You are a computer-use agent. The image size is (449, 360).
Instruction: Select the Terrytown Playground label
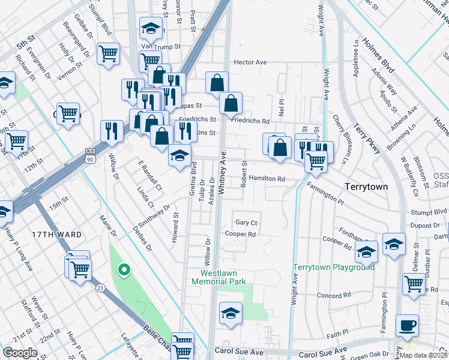click(x=333, y=267)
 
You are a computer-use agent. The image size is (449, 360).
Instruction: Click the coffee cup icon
click(x=408, y=326)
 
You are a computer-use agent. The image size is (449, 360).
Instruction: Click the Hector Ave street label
click(x=250, y=62)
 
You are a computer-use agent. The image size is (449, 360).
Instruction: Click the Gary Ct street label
click(x=246, y=222)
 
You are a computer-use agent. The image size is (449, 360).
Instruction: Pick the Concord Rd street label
click(x=333, y=296)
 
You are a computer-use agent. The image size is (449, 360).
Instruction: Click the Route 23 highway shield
click(x=99, y=288)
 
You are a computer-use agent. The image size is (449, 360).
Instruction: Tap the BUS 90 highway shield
click(x=90, y=155)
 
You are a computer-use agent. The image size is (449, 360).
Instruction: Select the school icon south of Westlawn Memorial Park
click(x=230, y=313)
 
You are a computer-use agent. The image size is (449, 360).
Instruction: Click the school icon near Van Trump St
click(x=151, y=28)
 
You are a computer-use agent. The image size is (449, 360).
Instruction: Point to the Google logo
click(x=20, y=352)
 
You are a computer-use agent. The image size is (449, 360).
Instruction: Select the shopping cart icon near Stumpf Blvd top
click(x=108, y=53)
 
